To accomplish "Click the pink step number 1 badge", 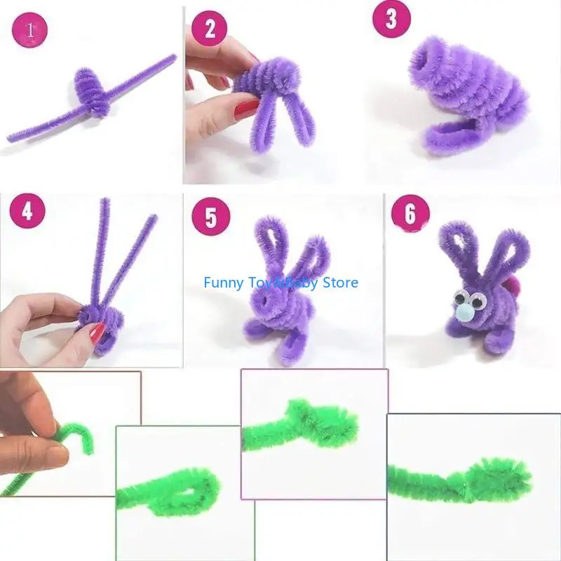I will pos(30,31).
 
